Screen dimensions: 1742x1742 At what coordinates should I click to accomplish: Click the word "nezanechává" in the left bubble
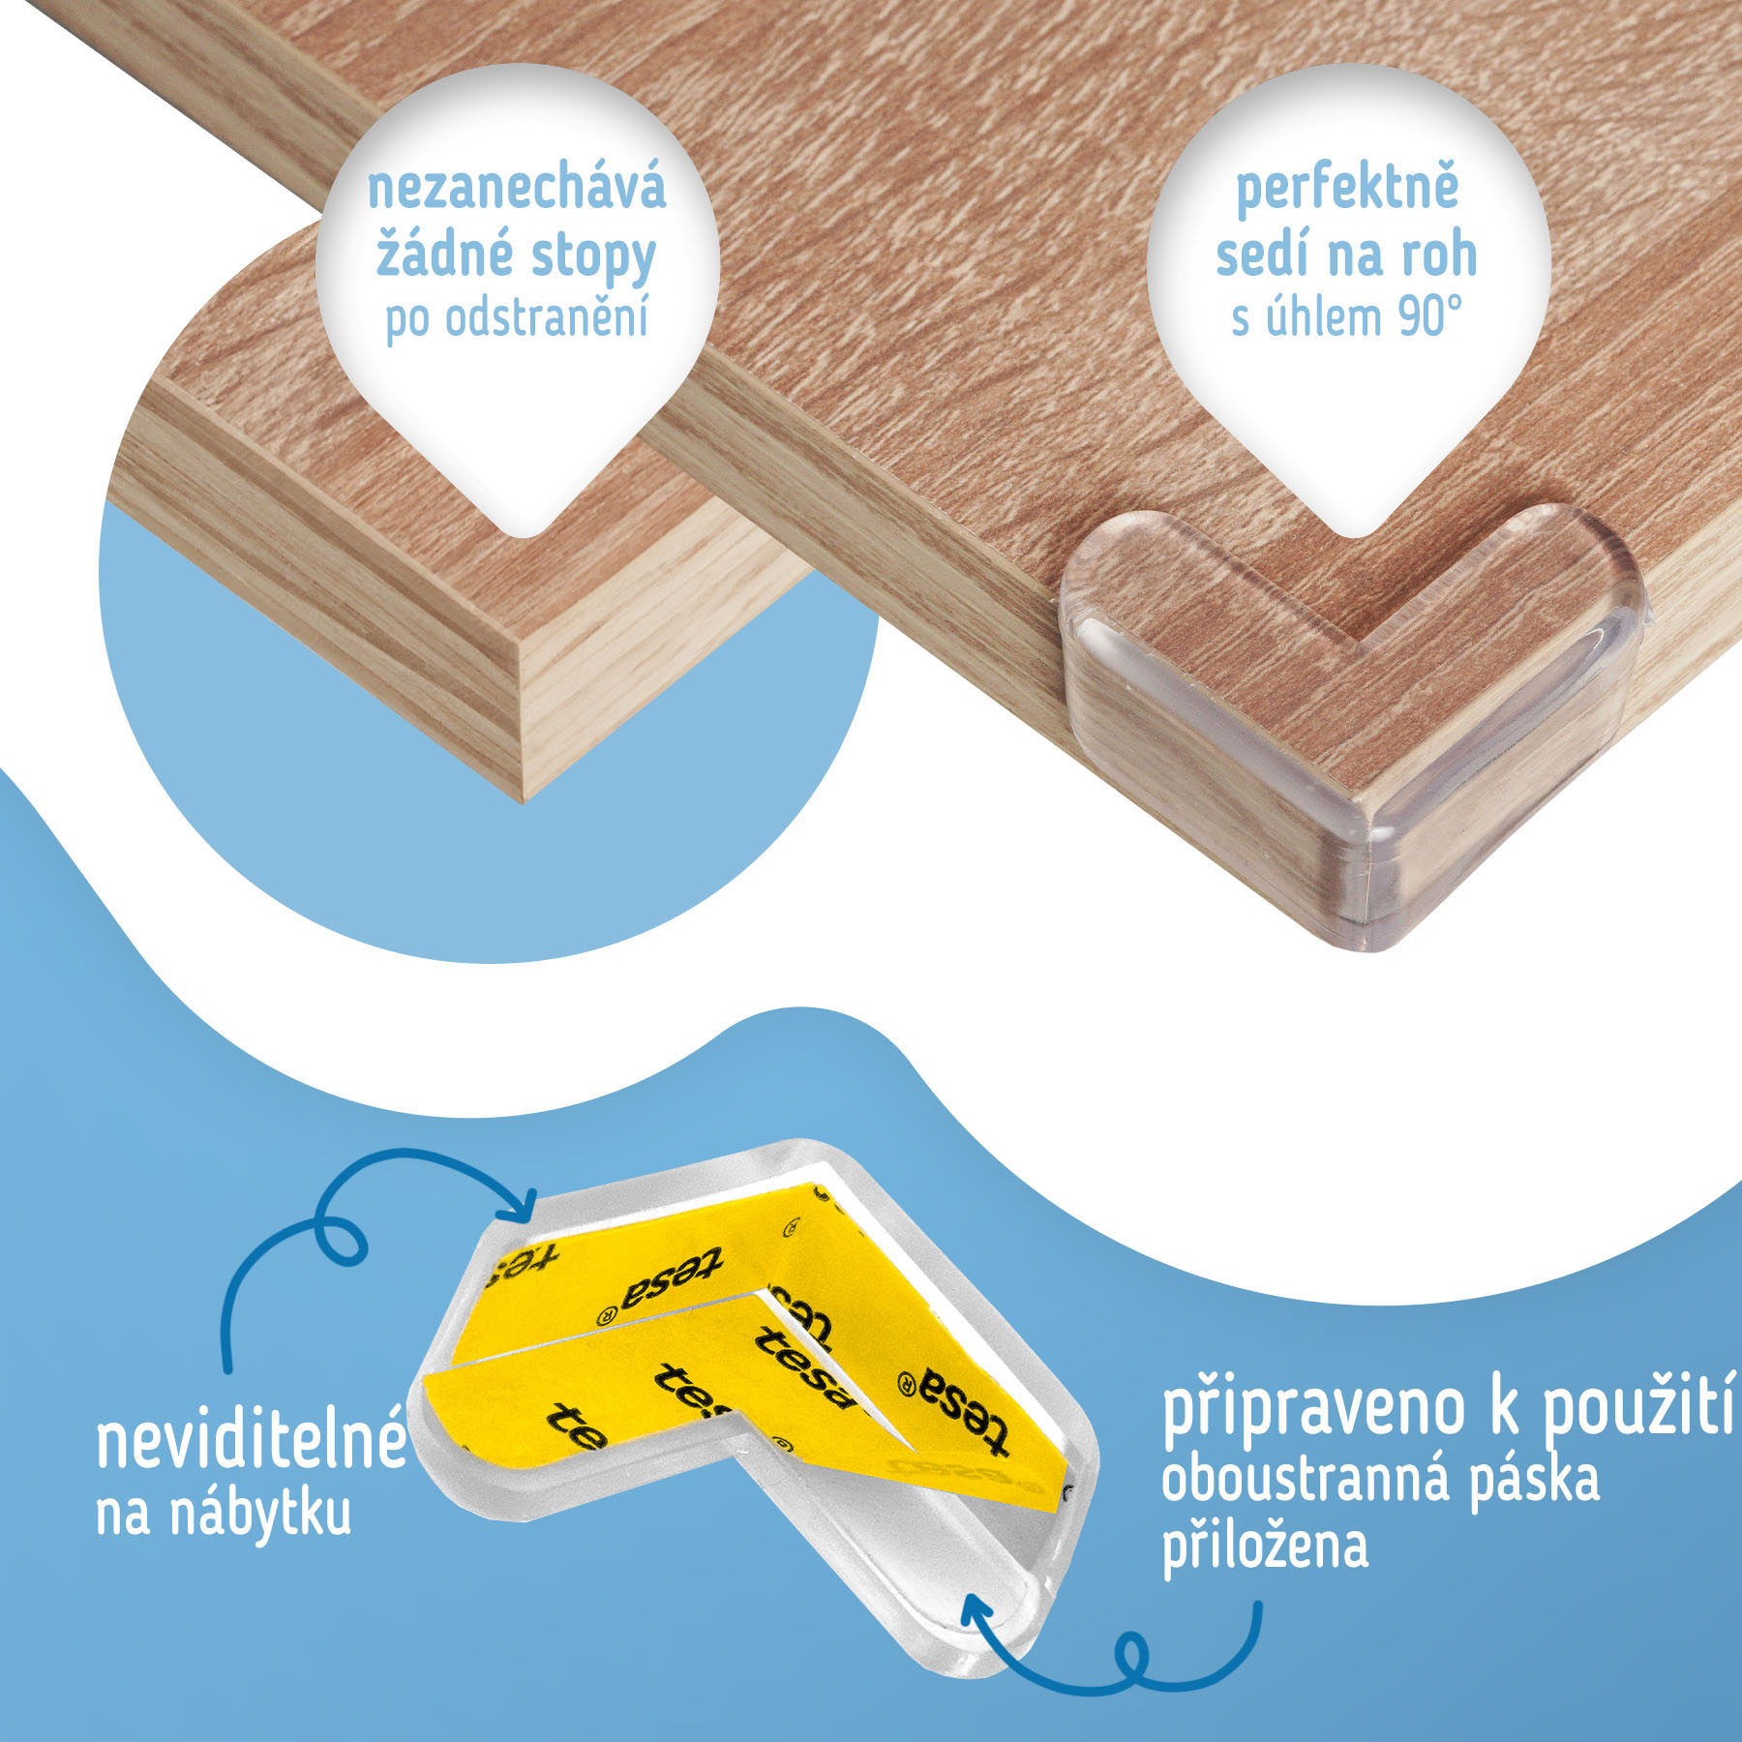coord(517,189)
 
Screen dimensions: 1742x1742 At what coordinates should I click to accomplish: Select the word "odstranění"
coord(546,317)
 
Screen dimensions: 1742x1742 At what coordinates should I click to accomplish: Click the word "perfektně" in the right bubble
coord(1346,189)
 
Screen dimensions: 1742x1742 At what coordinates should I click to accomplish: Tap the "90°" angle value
coord(1429,317)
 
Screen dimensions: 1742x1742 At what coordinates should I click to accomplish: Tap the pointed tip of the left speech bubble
coord(520,536)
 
